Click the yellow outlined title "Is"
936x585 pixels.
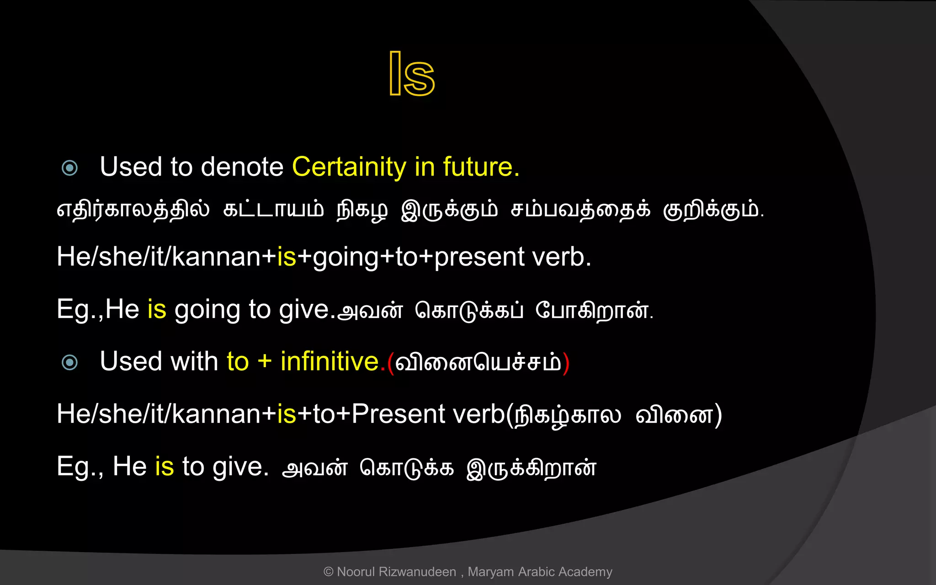[x=411, y=74]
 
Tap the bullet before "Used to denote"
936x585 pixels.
[x=69, y=168]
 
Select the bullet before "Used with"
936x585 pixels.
[x=69, y=362]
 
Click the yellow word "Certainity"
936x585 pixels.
[x=349, y=167]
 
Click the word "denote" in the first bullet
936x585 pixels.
[x=242, y=167]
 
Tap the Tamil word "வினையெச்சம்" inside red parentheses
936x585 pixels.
[x=478, y=362]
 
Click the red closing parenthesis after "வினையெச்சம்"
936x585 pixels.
[x=566, y=363]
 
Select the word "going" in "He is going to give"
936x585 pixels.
[x=207, y=310]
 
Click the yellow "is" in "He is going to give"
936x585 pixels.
[x=157, y=309]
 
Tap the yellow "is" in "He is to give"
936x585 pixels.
[x=165, y=467]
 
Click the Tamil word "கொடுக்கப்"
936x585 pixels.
[x=469, y=311]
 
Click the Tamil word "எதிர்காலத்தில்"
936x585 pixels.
[x=133, y=210]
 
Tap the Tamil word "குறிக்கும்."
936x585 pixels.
[x=713, y=210]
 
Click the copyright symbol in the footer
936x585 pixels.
[x=328, y=572]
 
